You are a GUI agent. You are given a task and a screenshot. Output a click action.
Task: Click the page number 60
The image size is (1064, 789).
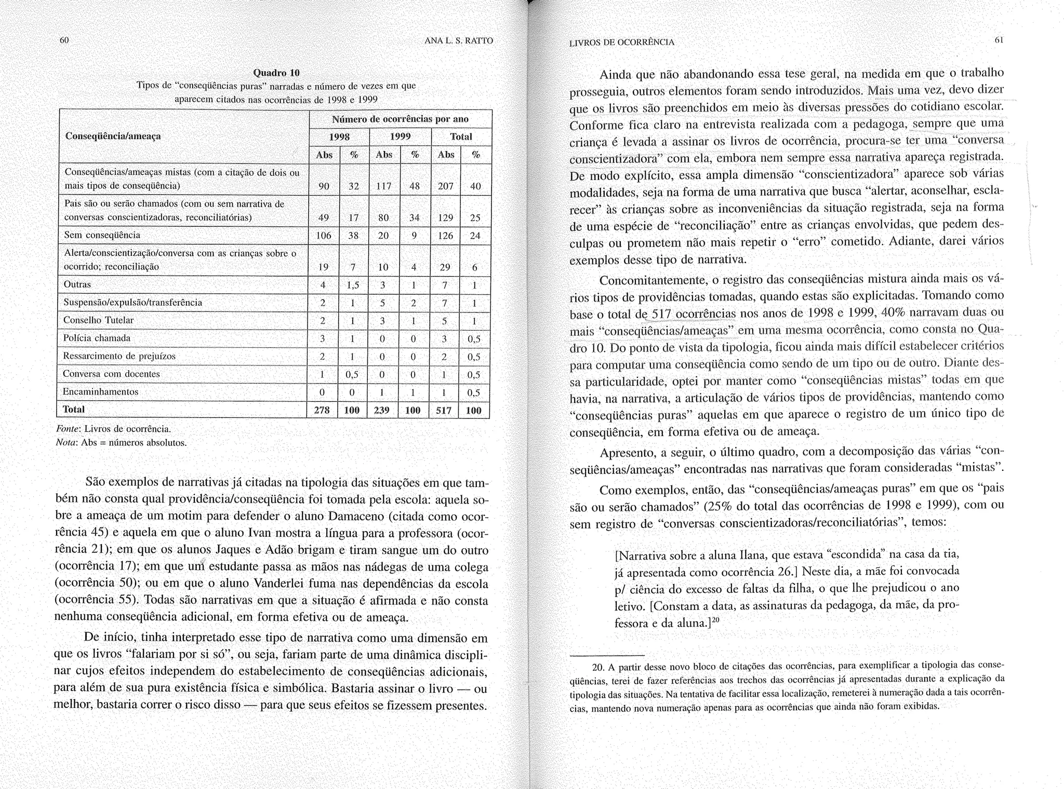point(64,41)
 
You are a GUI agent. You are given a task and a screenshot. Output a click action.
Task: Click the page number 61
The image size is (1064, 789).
point(998,40)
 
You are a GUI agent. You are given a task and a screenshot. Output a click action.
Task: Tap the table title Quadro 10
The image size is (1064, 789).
point(276,72)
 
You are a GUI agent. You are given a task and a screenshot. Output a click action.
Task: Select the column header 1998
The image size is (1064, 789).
point(339,137)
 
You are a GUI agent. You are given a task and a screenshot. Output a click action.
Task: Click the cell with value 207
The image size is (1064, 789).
point(446,186)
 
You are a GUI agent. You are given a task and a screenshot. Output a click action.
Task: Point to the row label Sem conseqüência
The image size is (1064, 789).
point(102,235)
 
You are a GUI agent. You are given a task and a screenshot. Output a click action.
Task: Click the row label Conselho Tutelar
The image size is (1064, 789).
point(98,320)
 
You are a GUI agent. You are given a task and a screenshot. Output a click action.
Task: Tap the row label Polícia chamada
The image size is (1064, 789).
point(97,338)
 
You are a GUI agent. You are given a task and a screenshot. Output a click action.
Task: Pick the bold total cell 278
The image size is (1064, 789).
point(322,410)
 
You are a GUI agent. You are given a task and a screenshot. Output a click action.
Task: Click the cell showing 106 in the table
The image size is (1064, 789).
point(324,236)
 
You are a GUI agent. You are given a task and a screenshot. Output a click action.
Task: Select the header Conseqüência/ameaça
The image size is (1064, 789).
point(113,136)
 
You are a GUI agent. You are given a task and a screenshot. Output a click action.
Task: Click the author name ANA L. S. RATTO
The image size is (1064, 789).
point(458,41)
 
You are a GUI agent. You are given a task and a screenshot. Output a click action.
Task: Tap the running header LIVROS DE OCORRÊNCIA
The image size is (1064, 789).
point(621,43)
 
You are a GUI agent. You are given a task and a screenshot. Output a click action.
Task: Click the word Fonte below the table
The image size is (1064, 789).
point(68,429)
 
